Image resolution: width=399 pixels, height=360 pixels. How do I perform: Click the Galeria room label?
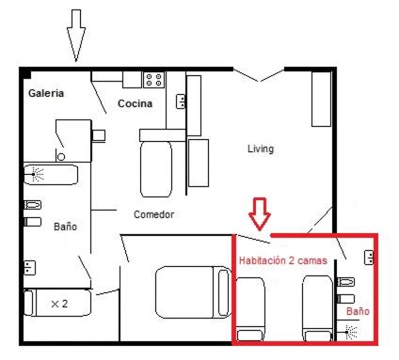tap(46, 93)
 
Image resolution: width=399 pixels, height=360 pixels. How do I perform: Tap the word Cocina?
tap(135, 103)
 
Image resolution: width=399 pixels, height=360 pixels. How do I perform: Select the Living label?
tap(261, 149)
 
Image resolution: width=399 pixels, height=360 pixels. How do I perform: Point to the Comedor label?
tap(153, 214)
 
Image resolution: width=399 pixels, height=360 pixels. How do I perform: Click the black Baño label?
tap(65, 227)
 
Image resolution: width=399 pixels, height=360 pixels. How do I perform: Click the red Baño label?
tap(358, 311)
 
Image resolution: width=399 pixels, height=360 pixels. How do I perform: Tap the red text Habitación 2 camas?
tap(283, 260)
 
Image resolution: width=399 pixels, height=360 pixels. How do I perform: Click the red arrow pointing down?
tap(260, 213)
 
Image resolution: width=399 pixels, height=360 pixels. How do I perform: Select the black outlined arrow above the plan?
tap(76, 35)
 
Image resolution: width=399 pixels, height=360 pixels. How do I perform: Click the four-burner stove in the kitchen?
tap(154, 80)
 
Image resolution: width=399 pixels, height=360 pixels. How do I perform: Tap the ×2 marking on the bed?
tap(59, 304)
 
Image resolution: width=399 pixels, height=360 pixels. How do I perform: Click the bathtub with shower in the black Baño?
tap(51, 175)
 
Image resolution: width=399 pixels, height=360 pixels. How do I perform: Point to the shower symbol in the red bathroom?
tap(351, 332)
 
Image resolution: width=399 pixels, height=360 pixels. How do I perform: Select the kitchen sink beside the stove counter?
tap(181, 102)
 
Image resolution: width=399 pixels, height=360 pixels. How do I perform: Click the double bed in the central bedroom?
tap(193, 292)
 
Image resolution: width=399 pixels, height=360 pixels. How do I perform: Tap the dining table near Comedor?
tap(156, 169)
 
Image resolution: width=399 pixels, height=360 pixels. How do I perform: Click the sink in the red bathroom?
tap(369, 258)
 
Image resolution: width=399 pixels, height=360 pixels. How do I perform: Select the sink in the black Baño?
tap(29, 268)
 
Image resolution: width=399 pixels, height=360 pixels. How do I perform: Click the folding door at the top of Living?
tap(259, 74)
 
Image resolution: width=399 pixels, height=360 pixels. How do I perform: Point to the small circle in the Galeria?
tap(61, 157)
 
